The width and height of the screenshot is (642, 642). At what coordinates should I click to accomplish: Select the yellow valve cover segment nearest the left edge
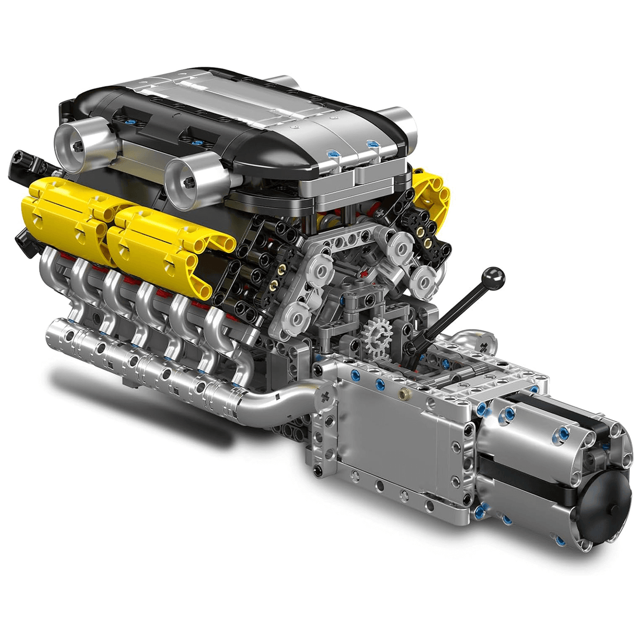(58, 213)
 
